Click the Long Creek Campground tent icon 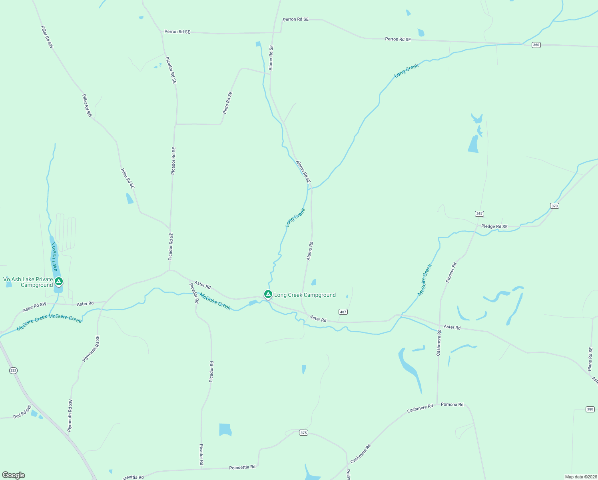(268, 294)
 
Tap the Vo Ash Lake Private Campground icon (59, 282)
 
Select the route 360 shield (536, 45)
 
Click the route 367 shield (479, 214)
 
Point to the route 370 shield (554, 206)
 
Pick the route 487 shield (343, 312)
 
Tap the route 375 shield (303, 432)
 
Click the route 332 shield (13, 370)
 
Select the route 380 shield (590, 409)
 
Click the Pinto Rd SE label (227, 103)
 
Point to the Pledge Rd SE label (494, 226)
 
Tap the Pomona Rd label (452, 404)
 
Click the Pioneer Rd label (451, 272)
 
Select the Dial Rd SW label (22, 412)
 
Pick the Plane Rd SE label (590, 359)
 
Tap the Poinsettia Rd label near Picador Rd (242, 467)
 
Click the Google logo (14, 475)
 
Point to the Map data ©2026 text (580, 477)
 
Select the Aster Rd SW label (35, 307)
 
